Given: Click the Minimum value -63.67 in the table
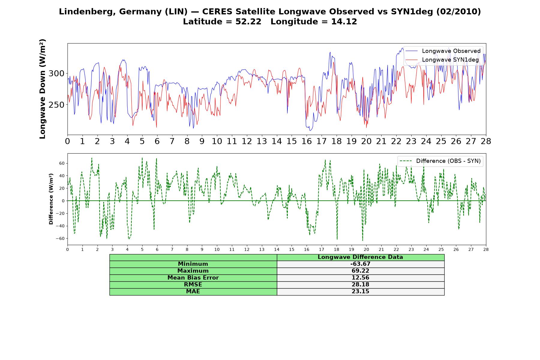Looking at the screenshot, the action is tap(360, 264).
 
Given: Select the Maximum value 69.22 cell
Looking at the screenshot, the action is tap(360, 271).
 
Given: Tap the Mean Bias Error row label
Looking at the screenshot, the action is tap(193, 278).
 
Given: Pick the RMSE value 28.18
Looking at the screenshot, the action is tap(360, 285).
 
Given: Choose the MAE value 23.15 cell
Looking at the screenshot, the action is tap(360, 292).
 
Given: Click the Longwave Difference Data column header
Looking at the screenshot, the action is tap(360, 257).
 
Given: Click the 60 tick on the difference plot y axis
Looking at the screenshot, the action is tap(62, 163).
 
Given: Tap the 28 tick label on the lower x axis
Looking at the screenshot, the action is tap(486, 249).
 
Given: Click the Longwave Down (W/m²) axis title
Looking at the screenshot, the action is tap(42, 89).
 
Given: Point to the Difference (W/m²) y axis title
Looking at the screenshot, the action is tap(51, 199).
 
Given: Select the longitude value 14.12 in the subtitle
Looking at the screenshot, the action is tap(344, 22).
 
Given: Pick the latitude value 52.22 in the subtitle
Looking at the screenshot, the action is tap(248, 22).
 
